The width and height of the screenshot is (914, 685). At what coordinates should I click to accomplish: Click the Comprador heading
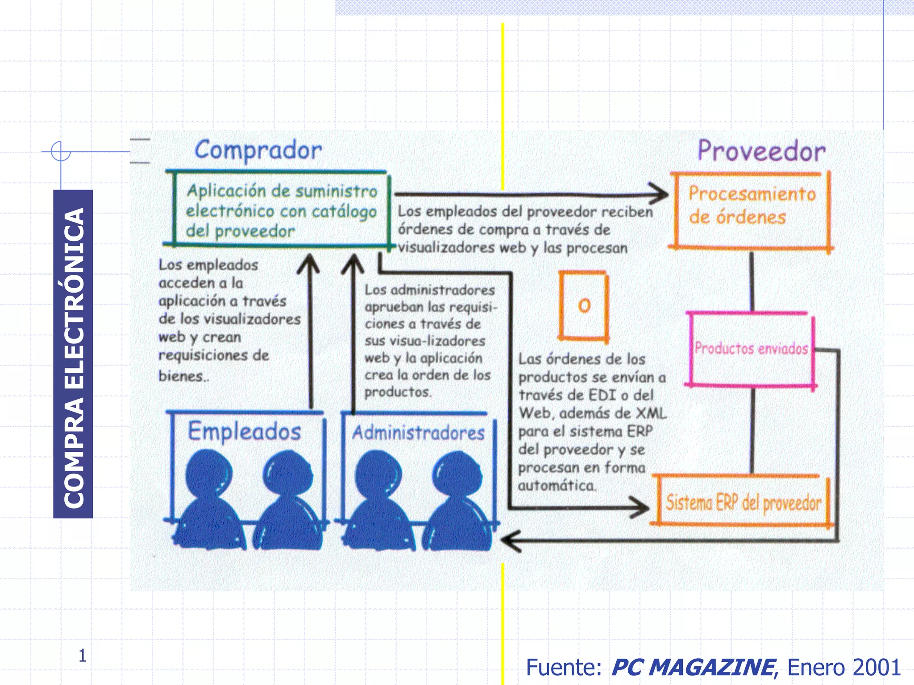point(258,150)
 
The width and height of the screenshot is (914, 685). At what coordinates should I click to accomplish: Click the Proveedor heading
point(761,151)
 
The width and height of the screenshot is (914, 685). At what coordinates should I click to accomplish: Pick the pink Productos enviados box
point(752,348)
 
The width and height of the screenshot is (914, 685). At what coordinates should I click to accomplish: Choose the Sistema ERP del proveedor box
point(743,503)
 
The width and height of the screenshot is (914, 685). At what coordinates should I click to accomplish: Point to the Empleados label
point(245,431)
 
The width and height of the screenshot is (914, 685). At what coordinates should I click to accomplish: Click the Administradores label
point(418,433)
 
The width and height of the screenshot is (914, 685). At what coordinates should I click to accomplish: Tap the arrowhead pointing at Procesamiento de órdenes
point(660,194)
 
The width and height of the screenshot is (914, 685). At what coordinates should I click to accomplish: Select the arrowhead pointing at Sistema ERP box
point(641,508)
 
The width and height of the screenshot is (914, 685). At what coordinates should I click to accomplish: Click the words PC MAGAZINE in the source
point(693,667)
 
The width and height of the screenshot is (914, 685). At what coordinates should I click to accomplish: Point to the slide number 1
point(82,655)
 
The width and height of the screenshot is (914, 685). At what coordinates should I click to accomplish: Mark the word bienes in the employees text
point(181,376)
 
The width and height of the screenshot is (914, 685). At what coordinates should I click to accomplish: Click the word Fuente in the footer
point(564,667)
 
